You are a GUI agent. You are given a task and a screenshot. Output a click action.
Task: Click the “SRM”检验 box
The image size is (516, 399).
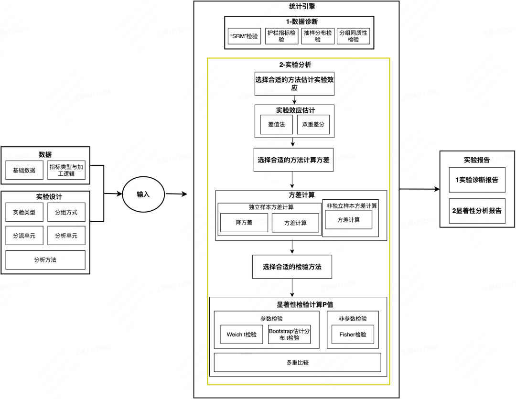coord(244,36)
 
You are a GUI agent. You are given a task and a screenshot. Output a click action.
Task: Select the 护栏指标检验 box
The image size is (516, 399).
coord(281,36)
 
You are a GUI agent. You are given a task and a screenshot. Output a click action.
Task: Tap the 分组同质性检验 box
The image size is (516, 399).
coord(354,36)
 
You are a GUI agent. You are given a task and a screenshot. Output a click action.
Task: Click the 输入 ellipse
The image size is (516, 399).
coord(143,194)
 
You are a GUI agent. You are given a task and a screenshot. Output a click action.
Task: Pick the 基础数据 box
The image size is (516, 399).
coord(24,170)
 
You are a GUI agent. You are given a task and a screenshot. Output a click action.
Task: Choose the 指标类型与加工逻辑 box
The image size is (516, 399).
coord(66,170)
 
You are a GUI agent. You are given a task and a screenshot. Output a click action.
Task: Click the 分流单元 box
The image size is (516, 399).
coord(24,236)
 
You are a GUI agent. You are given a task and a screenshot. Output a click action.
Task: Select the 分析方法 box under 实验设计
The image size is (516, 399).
coord(45,260)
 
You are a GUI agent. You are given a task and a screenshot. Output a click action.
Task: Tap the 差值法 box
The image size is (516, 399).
coord(277,124)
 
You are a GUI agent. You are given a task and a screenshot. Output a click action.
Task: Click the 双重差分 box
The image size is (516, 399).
coord(313,124)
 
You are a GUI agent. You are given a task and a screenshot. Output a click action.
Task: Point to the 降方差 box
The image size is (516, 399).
coord(244,223)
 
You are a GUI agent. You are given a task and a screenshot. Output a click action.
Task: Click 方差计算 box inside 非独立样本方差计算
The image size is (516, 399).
coord(348,220)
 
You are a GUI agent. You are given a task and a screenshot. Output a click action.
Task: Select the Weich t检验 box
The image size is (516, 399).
coord(242,334)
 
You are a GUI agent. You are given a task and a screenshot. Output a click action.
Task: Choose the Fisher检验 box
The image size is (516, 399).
coord(353,334)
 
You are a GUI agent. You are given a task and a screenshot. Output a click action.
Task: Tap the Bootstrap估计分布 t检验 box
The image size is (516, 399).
coord(289,334)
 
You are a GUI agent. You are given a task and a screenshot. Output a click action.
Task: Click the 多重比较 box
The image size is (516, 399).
coord(298,363)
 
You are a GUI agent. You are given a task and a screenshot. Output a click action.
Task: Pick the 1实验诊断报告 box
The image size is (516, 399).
coord(477,180)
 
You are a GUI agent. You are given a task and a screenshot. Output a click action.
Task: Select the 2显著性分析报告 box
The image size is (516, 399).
coord(477,211)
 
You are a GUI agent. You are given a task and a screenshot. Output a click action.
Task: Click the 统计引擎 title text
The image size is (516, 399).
coord(302,6)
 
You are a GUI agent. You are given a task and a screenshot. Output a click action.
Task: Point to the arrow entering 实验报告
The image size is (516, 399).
coord(419,189)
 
